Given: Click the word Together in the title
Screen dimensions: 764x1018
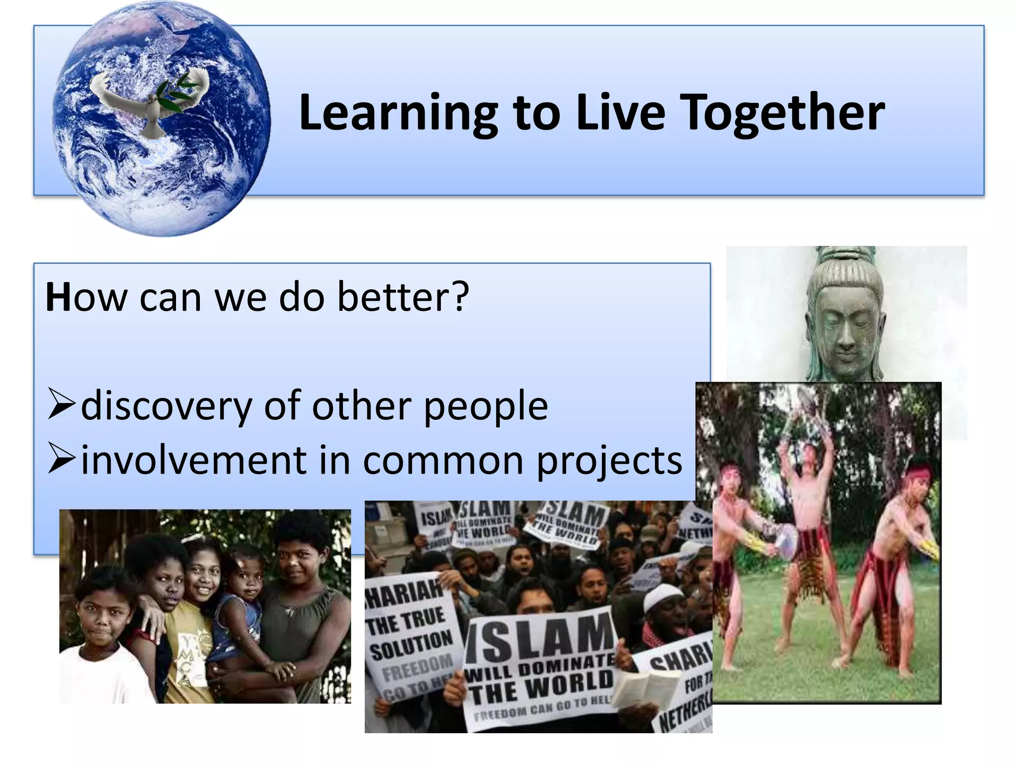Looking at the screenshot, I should click(x=781, y=113).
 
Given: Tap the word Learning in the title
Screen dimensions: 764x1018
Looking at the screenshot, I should click(x=398, y=113).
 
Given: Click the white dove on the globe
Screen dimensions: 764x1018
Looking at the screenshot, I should click(x=149, y=102).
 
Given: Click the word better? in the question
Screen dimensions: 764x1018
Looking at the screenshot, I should click(x=403, y=297).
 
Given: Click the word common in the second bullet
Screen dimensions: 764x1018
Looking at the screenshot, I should click(x=442, y=461).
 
